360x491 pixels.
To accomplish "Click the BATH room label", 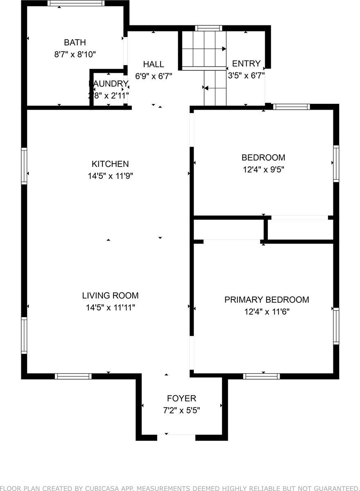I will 75,42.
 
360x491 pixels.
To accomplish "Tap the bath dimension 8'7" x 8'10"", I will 75,54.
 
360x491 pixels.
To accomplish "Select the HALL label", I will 154,64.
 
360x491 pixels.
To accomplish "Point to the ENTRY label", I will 246,63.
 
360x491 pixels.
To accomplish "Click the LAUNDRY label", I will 109,83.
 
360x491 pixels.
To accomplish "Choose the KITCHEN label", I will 110,164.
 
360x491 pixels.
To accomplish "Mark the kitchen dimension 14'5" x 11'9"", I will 110,176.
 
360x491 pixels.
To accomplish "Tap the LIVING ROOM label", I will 110,295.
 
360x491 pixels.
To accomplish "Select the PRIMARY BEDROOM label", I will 267,300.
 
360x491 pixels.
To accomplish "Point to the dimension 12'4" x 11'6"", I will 267,312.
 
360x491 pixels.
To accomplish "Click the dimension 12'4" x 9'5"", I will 263,169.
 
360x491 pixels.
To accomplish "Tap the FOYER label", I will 181,398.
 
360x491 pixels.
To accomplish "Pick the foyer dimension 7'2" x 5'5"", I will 181,410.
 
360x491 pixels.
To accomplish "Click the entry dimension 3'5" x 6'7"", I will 246,75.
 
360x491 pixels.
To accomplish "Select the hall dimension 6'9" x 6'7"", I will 154,76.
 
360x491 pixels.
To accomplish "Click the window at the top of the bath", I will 76,3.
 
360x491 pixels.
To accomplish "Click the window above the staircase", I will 208,28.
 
